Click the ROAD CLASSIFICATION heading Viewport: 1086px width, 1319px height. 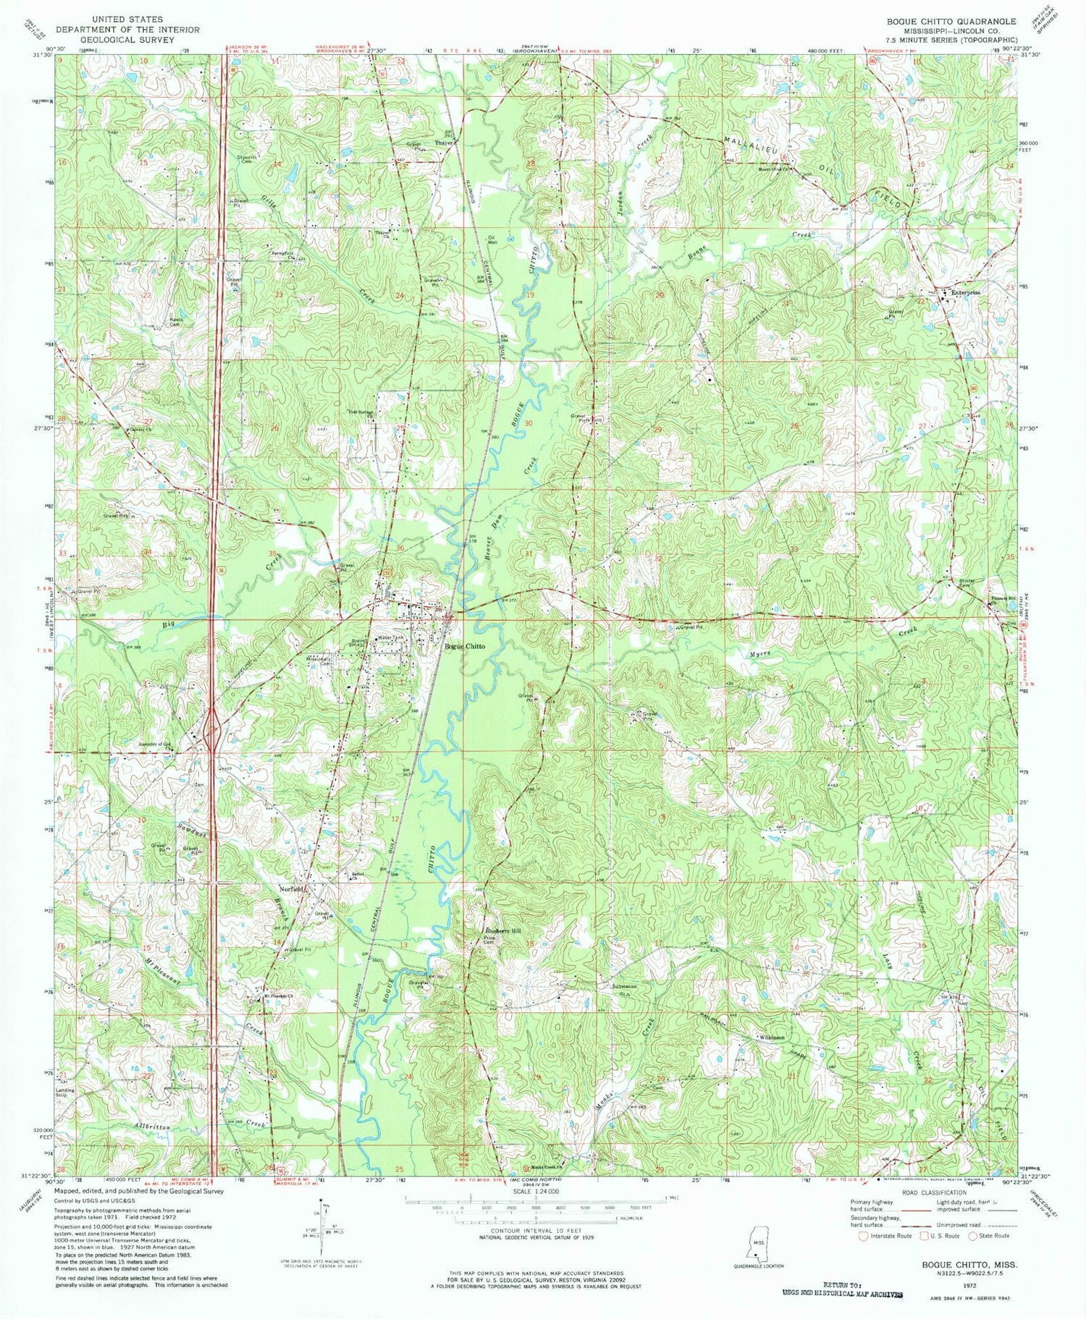[933, 1192]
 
